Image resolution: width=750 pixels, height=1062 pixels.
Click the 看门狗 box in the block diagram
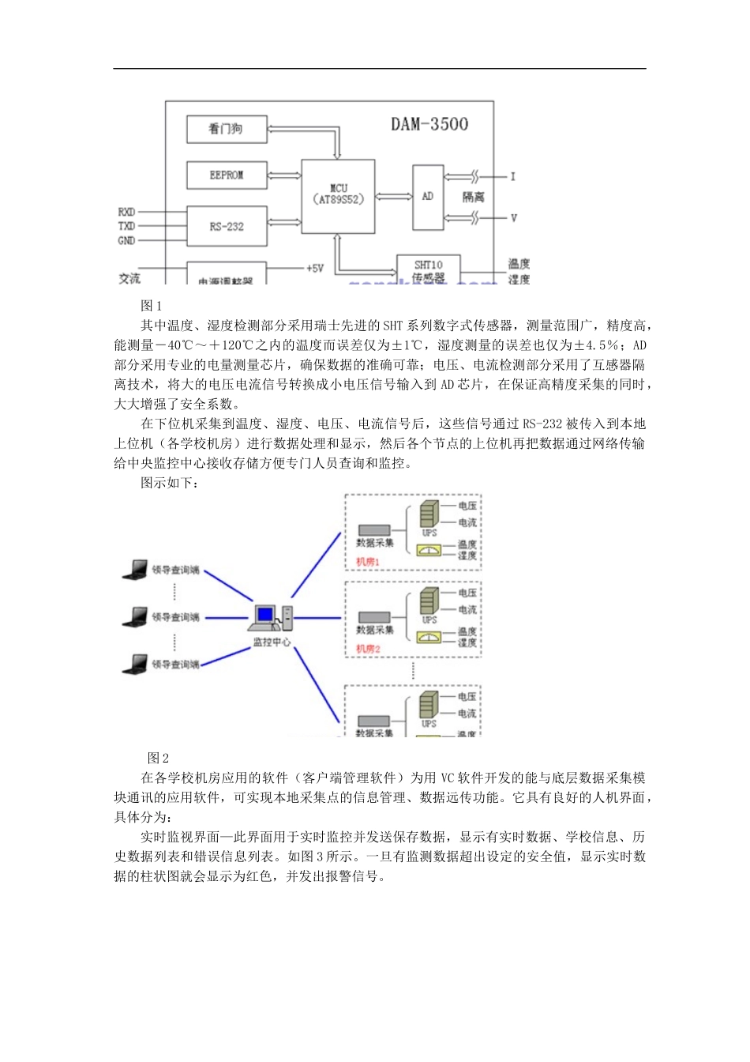227,130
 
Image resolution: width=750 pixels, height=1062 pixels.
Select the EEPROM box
227,175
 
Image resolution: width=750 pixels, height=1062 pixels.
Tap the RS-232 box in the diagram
227,227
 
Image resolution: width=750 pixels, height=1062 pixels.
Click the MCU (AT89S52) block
338,195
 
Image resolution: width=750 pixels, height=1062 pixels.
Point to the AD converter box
428,197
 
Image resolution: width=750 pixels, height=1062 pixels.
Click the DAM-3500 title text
429,124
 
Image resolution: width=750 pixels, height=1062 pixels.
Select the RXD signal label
126,212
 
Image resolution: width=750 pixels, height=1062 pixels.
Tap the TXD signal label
126,226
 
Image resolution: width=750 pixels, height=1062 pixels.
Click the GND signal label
126,240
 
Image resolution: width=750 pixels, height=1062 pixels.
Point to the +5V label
315,269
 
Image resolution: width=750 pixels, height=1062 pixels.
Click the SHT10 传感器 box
428,270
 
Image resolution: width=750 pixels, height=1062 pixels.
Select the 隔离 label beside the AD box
474,197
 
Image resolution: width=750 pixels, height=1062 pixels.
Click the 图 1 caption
152,306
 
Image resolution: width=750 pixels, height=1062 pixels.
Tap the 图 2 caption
159,759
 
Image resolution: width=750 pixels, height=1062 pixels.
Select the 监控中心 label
272,642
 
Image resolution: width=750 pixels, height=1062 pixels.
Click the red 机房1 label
368,562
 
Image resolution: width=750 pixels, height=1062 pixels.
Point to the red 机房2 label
368,649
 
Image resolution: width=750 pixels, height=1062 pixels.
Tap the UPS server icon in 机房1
429,514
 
